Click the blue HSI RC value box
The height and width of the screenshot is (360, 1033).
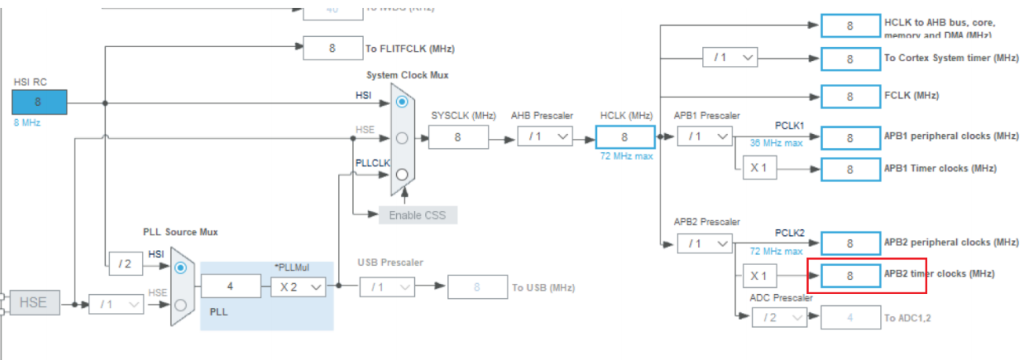click(x=38, y=102)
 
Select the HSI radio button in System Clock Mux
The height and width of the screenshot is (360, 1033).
click(x=402, y=102)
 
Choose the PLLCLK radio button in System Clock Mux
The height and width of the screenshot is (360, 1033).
click(x=402, y=174)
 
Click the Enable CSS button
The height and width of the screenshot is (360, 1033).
click(x=417, y=215)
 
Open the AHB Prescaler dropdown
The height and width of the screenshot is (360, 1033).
click(x=544, y=137)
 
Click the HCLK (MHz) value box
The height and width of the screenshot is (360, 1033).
click(x=624, y=137)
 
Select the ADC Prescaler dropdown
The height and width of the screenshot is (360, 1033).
click(x=779, y=318)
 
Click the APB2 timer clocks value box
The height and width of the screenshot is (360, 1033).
click(x=850, y=275)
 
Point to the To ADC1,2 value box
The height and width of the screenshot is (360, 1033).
click(x=850, y=318)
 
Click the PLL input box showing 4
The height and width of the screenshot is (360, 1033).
click(x=231, y=287)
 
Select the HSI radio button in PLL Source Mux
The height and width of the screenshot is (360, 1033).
click(x=181, y=267)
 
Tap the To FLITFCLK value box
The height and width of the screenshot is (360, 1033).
click(x=333, y=48)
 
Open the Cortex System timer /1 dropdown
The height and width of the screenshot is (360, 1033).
click(x=729, y=57)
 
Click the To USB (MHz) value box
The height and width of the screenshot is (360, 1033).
click(x=477, y=288)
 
